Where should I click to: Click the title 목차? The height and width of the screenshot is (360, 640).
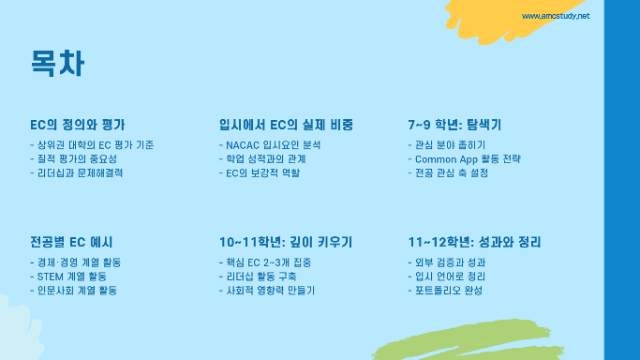[57, 63]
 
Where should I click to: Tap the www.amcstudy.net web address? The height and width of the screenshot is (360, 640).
[556, 16]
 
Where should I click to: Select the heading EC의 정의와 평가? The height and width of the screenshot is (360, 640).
[78, 125]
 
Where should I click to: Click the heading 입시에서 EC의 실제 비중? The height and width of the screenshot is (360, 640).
[286, 125]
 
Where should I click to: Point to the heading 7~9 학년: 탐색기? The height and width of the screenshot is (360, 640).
[454, 125]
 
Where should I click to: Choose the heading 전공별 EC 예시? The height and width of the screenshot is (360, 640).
[71, 242]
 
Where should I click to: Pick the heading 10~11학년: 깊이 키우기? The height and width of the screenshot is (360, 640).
[286, 242]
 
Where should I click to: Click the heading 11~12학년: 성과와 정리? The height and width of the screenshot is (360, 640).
[475, 242]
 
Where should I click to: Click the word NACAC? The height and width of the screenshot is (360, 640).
[243, 145]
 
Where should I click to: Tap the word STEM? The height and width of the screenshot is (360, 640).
[51, 277]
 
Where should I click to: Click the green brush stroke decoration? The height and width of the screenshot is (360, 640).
[469, 341]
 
